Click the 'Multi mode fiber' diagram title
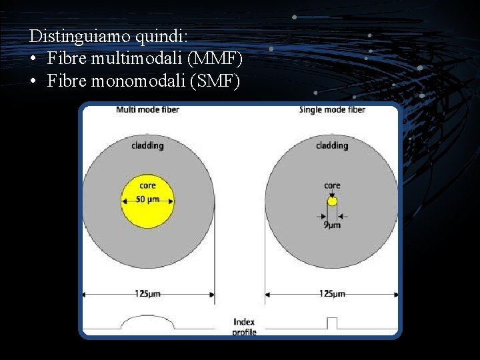147,109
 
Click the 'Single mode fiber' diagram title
332,109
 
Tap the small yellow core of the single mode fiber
332,201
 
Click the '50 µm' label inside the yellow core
147,199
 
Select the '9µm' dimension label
332,225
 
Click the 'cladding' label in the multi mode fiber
147,145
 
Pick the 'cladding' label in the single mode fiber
332,145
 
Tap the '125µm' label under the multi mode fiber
147,293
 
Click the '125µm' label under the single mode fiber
332,293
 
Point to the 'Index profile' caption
244,327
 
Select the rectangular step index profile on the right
332,323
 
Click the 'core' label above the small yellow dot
332,185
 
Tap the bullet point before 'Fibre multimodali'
33,59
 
